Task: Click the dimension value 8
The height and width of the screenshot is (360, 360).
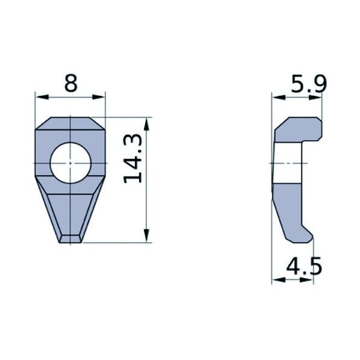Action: tap(71, 83)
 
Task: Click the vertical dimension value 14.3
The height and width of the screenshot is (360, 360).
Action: tap(133, 158)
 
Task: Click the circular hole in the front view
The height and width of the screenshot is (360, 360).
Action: tap(70, 163)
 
